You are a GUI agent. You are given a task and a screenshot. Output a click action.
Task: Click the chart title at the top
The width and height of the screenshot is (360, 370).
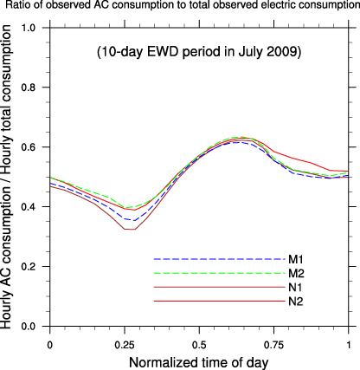click(x=180, y=8)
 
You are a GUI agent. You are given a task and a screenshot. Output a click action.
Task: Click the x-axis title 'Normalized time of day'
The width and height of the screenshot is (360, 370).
click(x=199, y=359)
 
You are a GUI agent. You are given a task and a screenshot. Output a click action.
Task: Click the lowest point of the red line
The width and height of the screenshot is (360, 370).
click(x=128, y=229)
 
